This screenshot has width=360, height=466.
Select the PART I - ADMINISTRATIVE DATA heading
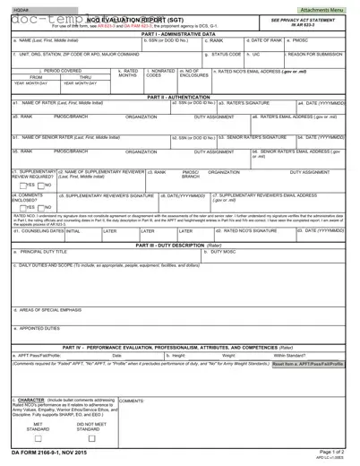(x=179, y=34)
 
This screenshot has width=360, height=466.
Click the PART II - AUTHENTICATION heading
(x=179, y=96)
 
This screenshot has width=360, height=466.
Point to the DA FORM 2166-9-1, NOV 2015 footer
(x=45, y=453)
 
